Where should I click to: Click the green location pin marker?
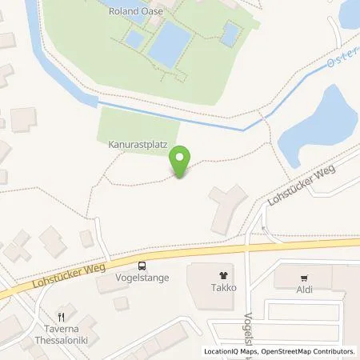click(x=181, y=162)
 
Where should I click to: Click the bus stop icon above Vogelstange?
click(x=142, y=266)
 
